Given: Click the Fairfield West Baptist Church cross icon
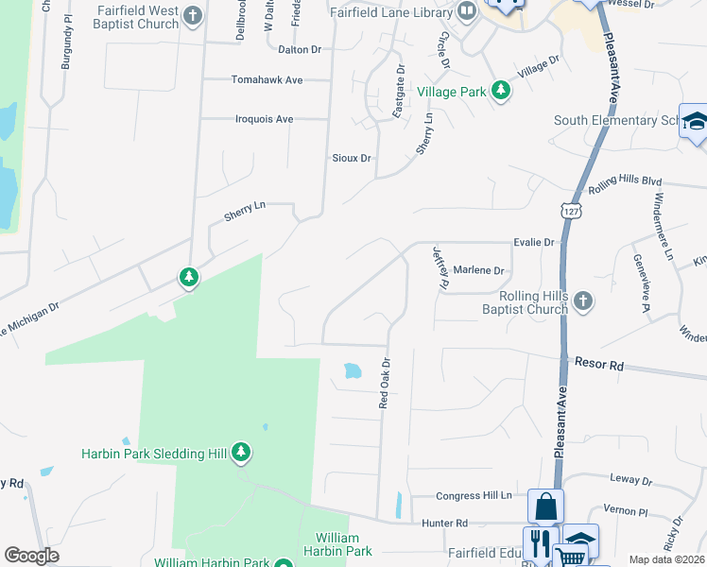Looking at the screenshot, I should click(x=193, y=15).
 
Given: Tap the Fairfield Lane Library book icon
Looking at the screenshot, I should click(x=466, y=11).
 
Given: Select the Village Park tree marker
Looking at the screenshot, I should click(x=500, y=92).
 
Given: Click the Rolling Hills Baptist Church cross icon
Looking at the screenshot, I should click(x=583, y=301).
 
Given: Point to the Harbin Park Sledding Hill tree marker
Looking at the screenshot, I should click(x=242, y=453).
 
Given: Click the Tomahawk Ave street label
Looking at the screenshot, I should click(x=267, y=80).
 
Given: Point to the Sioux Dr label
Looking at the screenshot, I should click(x=351, y=158).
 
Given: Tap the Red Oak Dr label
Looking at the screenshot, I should click(x=385, y=383).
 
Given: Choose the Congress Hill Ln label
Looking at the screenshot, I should click(x=474, y=495).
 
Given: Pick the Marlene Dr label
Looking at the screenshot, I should click(x=478, y=270).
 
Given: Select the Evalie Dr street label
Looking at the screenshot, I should click(x=533, y=243).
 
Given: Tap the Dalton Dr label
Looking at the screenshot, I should click(x=300, y=49).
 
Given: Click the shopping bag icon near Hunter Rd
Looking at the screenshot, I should click(x=545, y=506).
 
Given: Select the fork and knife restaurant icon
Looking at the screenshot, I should click(x=540, y=542).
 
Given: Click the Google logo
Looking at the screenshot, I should click(x=31, y=556).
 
